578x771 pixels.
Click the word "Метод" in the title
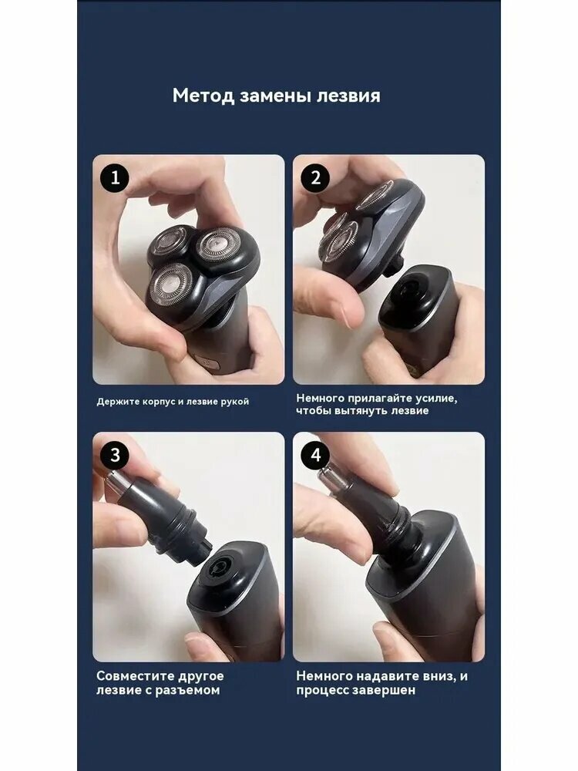point(203,96)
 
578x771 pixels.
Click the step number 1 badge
point(115,177)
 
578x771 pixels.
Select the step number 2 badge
point(315,177)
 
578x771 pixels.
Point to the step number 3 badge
point(115,455)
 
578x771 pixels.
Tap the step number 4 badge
point(315,455)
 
